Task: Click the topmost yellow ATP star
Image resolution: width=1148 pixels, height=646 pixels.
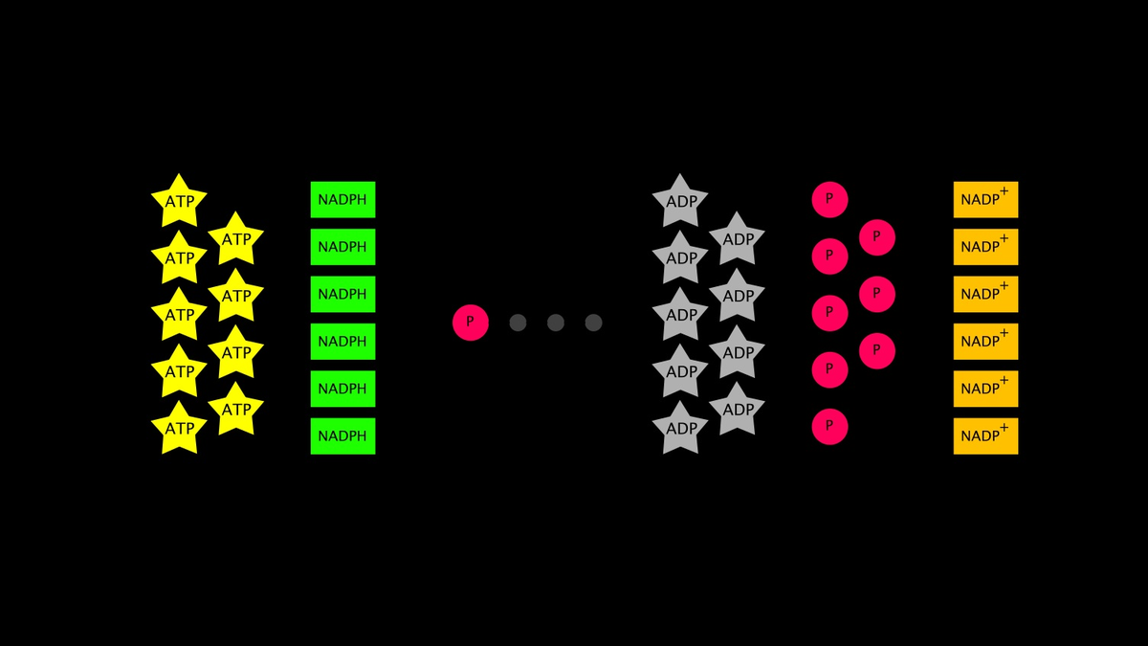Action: [x=179, y=201]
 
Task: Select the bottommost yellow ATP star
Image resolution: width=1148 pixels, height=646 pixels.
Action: [x=179, y=428]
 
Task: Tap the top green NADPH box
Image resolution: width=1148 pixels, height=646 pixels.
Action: [x=342, y=199]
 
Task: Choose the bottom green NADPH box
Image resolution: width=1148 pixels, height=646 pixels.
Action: [x=342, y=436]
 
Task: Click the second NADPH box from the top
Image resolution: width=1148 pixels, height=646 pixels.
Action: [x=342, y=247]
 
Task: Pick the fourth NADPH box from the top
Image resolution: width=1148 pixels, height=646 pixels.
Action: [x=342, y=342]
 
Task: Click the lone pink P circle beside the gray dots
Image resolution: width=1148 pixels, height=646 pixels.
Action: [x=471, y=323]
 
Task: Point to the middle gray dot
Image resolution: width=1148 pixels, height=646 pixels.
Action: [x=556, y=323]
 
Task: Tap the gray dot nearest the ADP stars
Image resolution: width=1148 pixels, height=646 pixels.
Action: [x=593, y=323]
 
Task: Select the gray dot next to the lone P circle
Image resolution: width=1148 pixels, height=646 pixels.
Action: [x=518, y=323]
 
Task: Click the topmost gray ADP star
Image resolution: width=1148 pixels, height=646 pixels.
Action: [x=680, y=201]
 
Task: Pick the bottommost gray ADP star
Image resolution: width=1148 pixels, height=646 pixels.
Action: [x=680, y=428]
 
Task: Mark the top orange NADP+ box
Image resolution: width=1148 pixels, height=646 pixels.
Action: [x=985, y=199]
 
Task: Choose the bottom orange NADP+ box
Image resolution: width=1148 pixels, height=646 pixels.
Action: [x=985, y=436]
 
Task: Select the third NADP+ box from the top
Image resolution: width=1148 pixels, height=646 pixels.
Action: [x=985, y=295]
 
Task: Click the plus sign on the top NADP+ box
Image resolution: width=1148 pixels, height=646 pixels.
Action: [x=1004, y=191]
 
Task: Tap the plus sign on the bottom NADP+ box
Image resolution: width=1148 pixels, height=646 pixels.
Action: [x=1004, y=428]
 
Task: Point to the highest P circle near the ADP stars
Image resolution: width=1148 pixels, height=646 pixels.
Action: [x=829, y=199]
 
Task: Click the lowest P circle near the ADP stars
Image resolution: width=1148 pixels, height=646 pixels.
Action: [x=829, y=427]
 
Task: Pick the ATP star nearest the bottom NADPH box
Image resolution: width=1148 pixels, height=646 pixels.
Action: [x=235, y=410]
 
